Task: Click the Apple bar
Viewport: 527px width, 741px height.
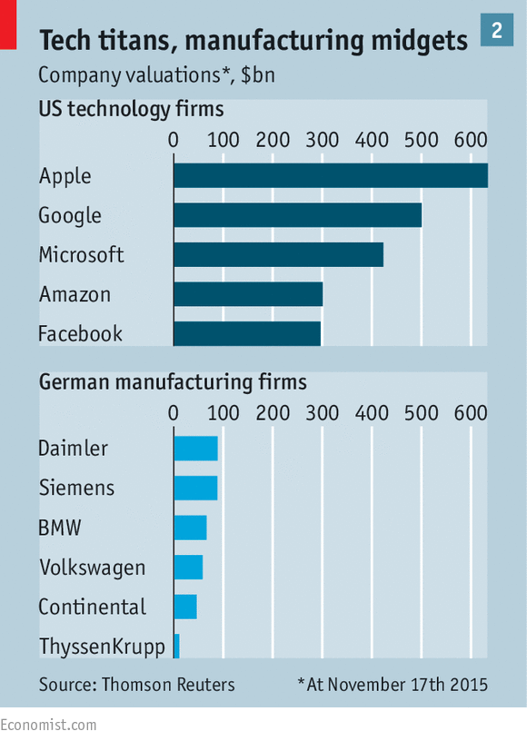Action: click(331, 176)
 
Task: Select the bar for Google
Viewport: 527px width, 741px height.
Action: click(298, 215)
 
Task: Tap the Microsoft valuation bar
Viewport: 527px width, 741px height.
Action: click(278, 254)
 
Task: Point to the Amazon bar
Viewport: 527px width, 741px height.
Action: click(248, 294)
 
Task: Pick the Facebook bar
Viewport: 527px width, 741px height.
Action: click(247, 333)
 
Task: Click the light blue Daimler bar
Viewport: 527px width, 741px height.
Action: click(195, 449)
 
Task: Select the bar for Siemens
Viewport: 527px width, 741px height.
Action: click(195, 488)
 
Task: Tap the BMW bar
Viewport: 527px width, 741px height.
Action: click(190, 528)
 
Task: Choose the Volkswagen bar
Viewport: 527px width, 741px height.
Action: click(188, 567)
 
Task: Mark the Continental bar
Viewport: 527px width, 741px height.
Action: click(185, 607)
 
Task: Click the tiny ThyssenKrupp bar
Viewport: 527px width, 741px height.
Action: click(177, 646)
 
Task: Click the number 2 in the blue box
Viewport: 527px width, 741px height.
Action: click(497, 30)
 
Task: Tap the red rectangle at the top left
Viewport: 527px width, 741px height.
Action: click(8, 25)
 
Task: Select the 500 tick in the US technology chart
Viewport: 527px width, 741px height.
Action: click(421, 140)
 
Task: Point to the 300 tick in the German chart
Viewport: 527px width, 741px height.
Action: click(322, 413)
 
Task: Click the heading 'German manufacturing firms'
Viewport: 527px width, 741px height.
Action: click(173, 382)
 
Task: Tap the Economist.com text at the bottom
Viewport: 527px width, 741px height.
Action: click(48, 725)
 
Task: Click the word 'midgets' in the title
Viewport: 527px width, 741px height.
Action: click(419, 42)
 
